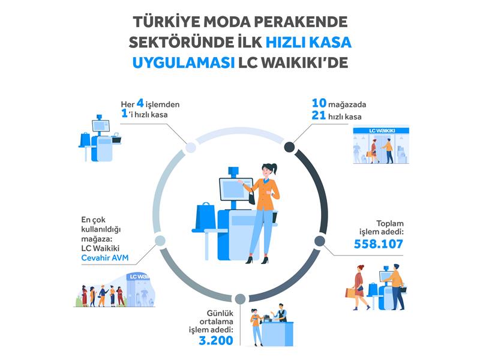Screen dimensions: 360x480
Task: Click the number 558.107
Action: pyautogui.click(x=377, y=244)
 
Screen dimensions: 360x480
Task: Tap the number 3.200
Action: pyautogui.click(x=215, y=340)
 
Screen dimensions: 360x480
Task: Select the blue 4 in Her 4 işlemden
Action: pyautogui.click(x=140, y=104)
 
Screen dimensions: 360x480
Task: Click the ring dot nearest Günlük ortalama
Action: pyautogui.click(x=240, y=298)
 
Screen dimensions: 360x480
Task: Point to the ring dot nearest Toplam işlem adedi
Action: pyautogui.click(x=320, y=241)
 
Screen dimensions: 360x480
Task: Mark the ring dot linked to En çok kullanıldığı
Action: pyautogui.click(x=160, y=241)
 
